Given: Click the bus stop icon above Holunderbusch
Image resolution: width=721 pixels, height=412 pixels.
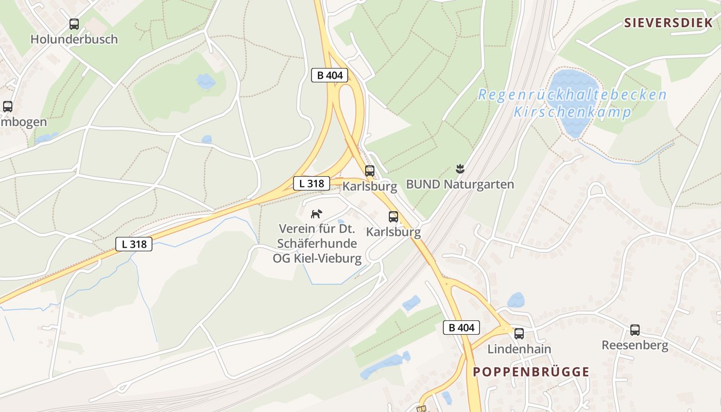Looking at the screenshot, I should [74, 24].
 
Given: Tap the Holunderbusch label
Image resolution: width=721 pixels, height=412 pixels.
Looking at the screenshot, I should [74, 39].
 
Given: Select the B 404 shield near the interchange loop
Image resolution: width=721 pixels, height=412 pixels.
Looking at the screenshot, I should [330, 75].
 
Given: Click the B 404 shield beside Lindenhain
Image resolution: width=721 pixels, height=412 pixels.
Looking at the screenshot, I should [461, 328].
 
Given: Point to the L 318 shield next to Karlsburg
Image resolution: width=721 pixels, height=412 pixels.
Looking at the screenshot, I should [312, 183].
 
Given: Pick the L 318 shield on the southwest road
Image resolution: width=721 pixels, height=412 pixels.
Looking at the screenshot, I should [134, 244].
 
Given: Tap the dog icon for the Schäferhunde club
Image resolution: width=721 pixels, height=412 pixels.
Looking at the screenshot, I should [317, 213].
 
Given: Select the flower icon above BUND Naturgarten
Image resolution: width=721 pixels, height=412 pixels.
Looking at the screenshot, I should [460, 168].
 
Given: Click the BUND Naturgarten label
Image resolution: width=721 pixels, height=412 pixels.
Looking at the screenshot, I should [460, 184].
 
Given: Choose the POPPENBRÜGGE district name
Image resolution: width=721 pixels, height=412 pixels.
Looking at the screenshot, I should [531, 372].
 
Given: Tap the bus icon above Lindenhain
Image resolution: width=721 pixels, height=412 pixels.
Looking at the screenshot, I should [519, 333].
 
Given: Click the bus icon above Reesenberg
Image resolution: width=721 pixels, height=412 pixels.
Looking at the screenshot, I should [635, 330].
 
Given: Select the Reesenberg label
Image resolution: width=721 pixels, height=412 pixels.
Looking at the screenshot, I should [635, 345].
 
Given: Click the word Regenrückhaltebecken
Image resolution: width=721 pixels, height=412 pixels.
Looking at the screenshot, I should [572, 95].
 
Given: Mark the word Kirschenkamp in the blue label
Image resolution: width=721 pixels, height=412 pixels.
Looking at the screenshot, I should [572, 112].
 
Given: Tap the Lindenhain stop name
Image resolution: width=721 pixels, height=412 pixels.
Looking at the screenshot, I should [519, 349].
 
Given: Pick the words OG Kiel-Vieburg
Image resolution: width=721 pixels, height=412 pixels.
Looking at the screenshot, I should [317, 258].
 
